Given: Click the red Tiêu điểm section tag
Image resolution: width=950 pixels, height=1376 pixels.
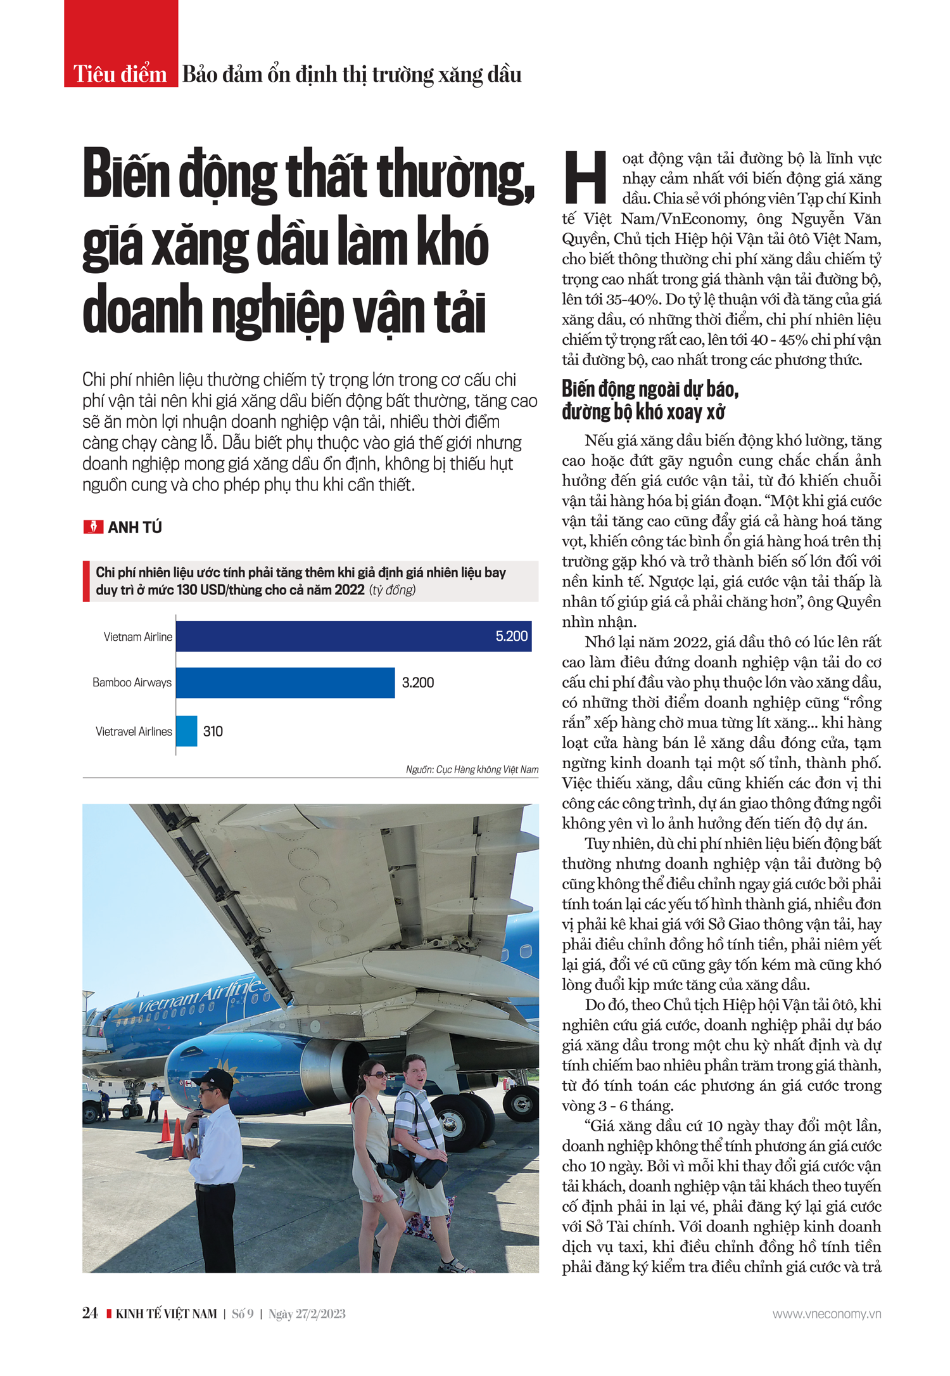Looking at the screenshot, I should [120, 74].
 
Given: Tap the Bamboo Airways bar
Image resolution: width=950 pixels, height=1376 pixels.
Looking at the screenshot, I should [285, 683].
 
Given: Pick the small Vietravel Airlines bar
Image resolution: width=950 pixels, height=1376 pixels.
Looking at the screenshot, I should [187, 731].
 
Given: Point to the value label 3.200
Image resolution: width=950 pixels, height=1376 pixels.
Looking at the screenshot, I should [418, 683].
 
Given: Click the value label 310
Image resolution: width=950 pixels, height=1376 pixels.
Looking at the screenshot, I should [213, 731].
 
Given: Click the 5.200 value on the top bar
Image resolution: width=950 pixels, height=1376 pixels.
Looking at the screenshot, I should [511, 636].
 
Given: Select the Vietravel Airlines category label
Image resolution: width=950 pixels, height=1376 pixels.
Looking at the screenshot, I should [134, 731].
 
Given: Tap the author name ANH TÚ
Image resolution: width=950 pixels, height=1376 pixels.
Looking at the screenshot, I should [134, 527].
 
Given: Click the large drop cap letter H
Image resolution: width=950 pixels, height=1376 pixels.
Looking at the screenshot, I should [586, 177].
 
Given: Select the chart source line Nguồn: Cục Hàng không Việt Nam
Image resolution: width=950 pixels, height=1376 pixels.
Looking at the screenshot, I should [472, 769].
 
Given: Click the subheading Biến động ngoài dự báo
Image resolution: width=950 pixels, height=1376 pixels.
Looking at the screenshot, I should [650, 389].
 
